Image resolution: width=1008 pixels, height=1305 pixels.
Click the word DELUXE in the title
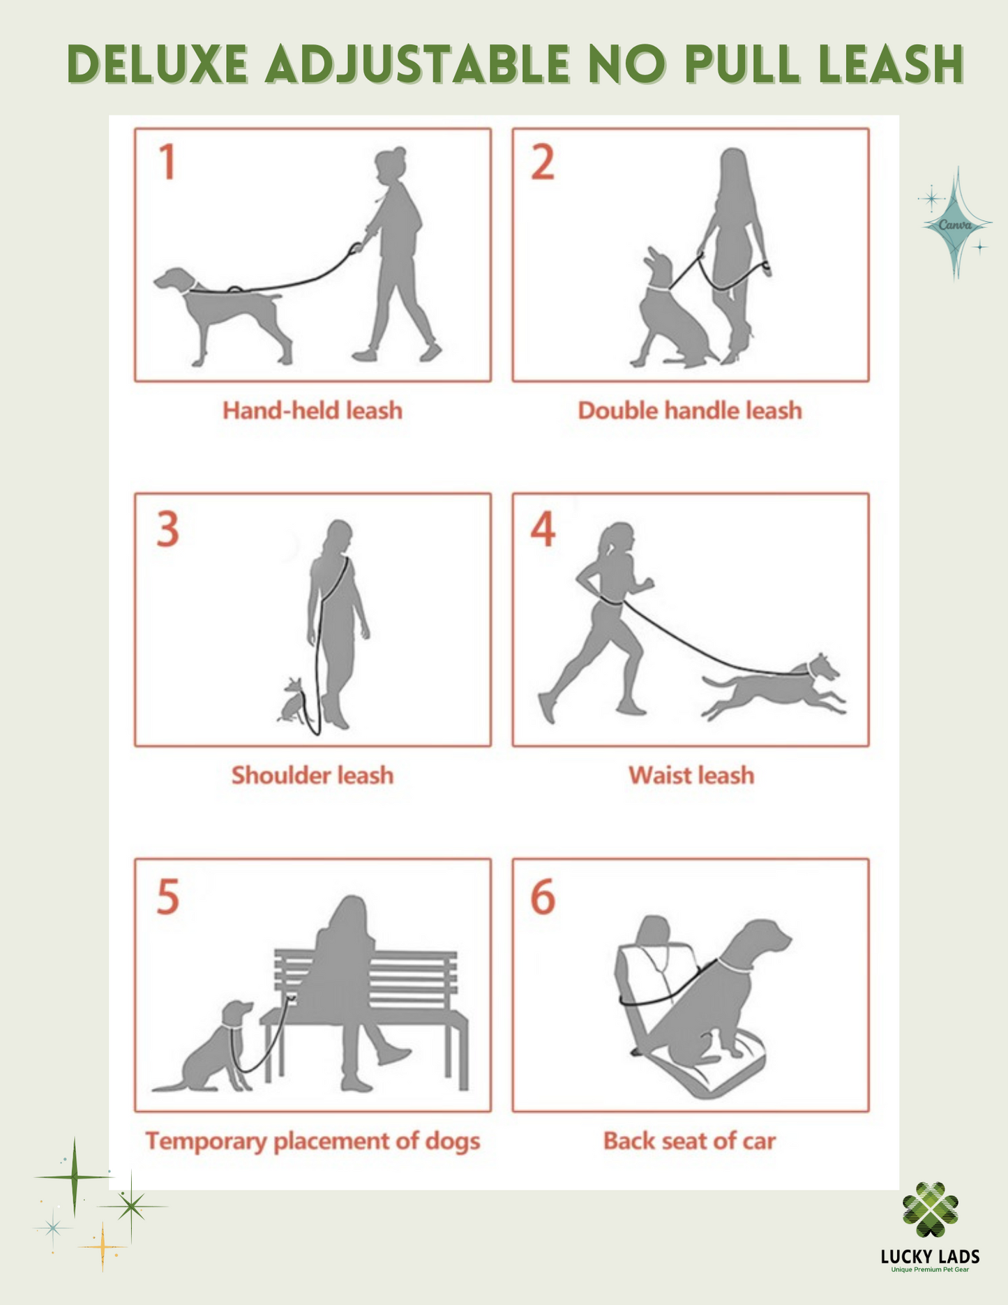coord(158,65)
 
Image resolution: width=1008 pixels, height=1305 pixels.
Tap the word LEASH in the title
coord(892,65)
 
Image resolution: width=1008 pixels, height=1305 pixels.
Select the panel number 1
coord(167,162)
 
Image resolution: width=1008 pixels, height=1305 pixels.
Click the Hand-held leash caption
coord(313,410)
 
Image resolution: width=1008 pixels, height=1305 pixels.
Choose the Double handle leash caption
coord(690,410)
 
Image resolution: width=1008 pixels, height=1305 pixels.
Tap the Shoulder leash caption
coord(313,775)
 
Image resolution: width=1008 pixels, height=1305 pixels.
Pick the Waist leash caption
coord(691,775)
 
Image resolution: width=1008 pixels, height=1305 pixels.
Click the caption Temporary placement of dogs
coord(313,1142)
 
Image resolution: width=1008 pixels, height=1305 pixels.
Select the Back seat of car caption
coord(690,1141)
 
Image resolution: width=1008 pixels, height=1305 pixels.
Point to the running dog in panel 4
coord(773,686)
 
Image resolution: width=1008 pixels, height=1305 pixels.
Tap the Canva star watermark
coord(955,224)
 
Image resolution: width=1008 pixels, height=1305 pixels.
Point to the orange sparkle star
coord(103,1246)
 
